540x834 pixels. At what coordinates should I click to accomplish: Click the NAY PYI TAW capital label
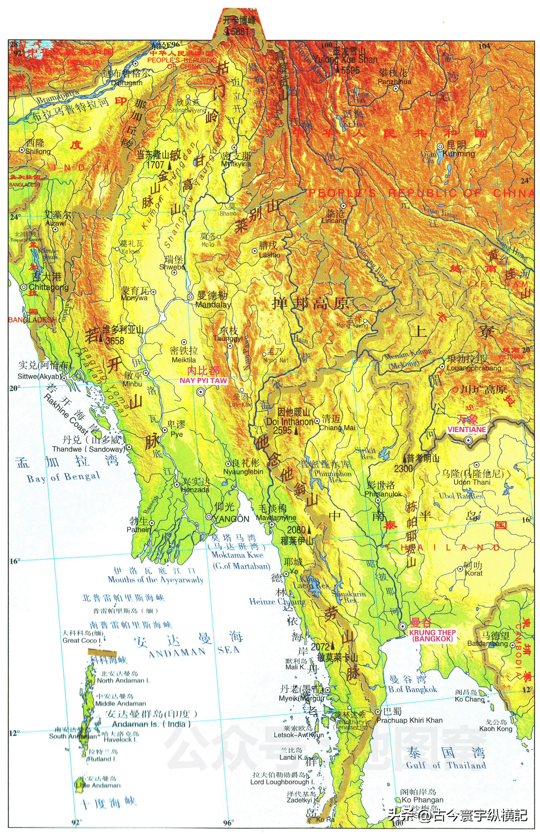point(203,381)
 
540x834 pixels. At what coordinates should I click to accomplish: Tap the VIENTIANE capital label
point(467,429)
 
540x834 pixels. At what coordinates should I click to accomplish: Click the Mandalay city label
point(213,304)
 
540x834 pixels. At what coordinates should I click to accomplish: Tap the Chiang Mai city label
point(337,428)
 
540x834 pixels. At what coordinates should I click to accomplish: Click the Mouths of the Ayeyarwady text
point(155,580)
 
